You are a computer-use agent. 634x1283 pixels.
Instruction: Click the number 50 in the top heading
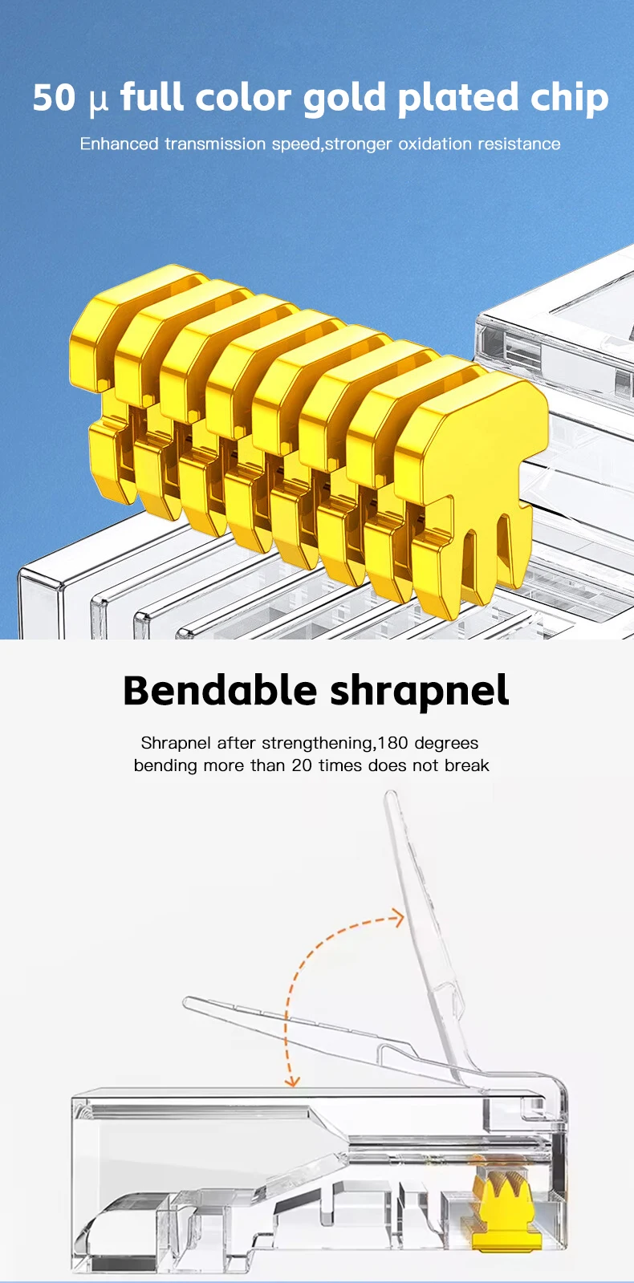pyautogui.click(x=54, y=98)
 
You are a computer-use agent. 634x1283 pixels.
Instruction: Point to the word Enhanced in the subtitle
pyautogui.click(x=119, y=144)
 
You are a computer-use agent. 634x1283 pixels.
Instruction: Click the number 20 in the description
pyautogui.click(x=302, y=765)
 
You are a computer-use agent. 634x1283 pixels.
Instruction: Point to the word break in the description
pyautogui.click(x=467, y=765)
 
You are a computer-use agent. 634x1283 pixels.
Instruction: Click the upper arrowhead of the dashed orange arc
pyautogui.click(x=397, y=918)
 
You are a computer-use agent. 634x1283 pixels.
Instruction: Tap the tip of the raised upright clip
pyautogui.click(x=391, y=797)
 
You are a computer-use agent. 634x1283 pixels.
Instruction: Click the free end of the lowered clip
pyautogui.click(x=189, y=1002)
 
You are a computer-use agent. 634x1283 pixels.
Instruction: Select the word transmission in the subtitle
pyautogui.click(x=215, y=144)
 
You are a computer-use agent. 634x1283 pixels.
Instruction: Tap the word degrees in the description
pyautogui.click(x=446, y=744)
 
